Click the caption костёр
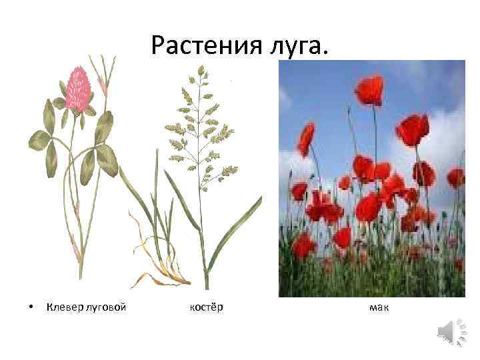tap(206, 307)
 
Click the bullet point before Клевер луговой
tap(31, 308)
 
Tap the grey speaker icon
tap(451, 331)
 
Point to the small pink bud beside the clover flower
tap(103, 83)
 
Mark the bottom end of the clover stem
tap(80, 277)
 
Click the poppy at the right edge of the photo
tap(455, 178)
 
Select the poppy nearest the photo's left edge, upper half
tap(306, 138)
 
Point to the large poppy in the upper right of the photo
tap(413, 129)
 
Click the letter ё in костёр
tap(213, 307)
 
